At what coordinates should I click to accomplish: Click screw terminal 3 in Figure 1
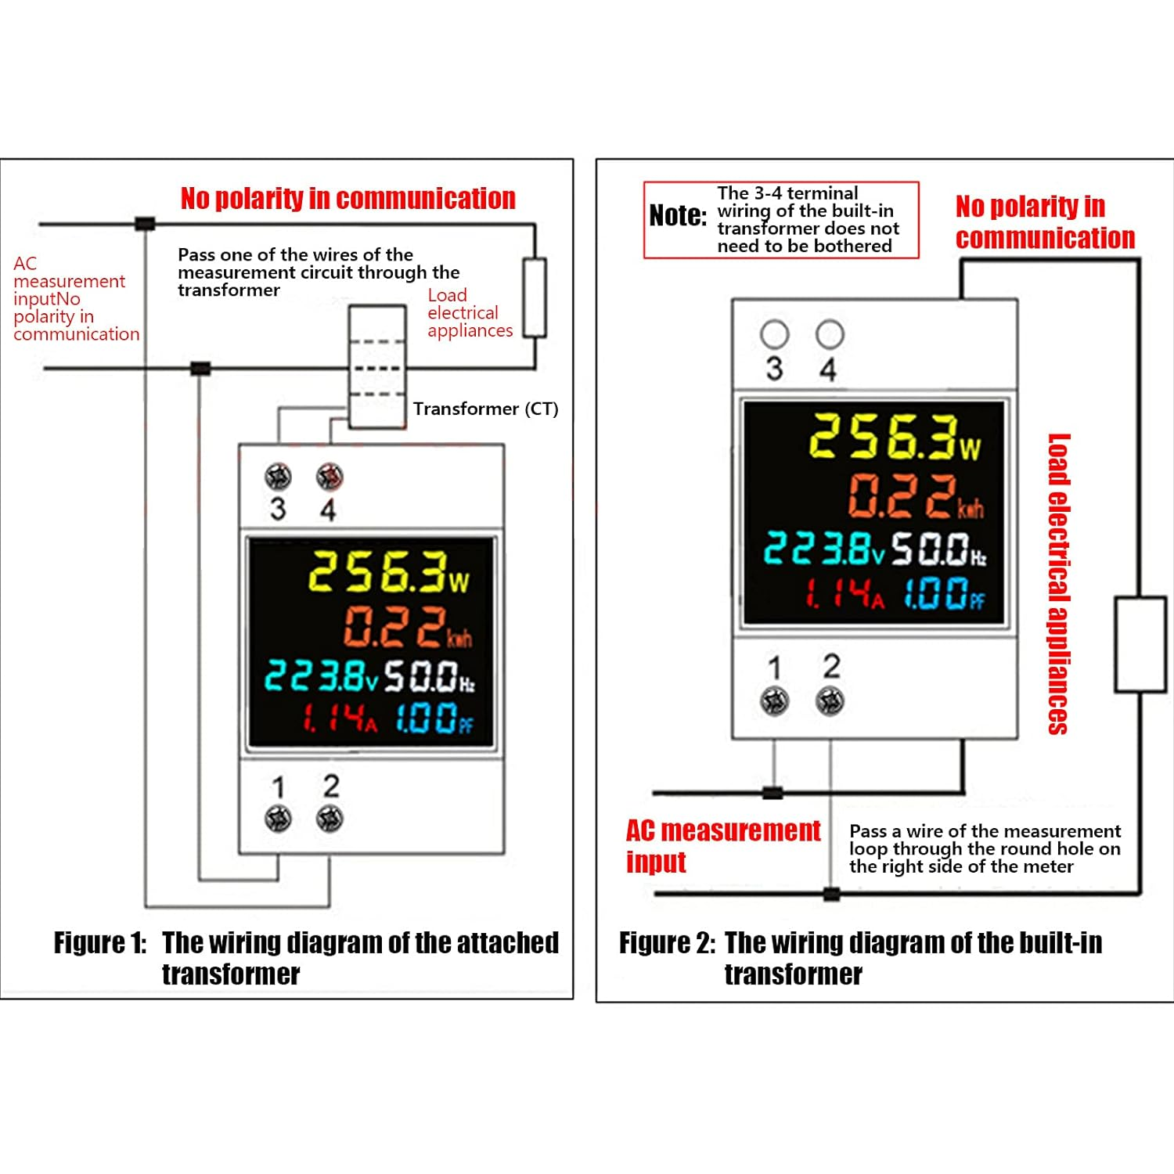coord(278,477)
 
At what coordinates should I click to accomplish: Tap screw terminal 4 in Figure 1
coord(330,477)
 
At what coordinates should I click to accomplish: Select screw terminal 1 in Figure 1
coord(278,819)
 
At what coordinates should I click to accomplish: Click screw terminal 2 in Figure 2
coord(830,701)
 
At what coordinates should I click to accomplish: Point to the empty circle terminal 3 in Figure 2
coord(774,335)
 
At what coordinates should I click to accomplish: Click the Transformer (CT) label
coord(485,409)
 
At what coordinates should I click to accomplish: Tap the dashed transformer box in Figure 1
coord(377,366)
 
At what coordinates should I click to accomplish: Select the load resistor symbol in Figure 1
coord(535,297)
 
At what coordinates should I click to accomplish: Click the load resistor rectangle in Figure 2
coord(1140,644)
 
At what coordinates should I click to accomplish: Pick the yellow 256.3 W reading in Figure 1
coord(388,572)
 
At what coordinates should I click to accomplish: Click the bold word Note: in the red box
coord(678,215)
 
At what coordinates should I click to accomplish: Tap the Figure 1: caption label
coord(100,943)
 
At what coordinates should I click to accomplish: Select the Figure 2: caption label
coord(667,943)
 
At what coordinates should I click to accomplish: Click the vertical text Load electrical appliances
coord(1058,584)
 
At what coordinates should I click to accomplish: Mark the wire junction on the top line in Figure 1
coord(145,224)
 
